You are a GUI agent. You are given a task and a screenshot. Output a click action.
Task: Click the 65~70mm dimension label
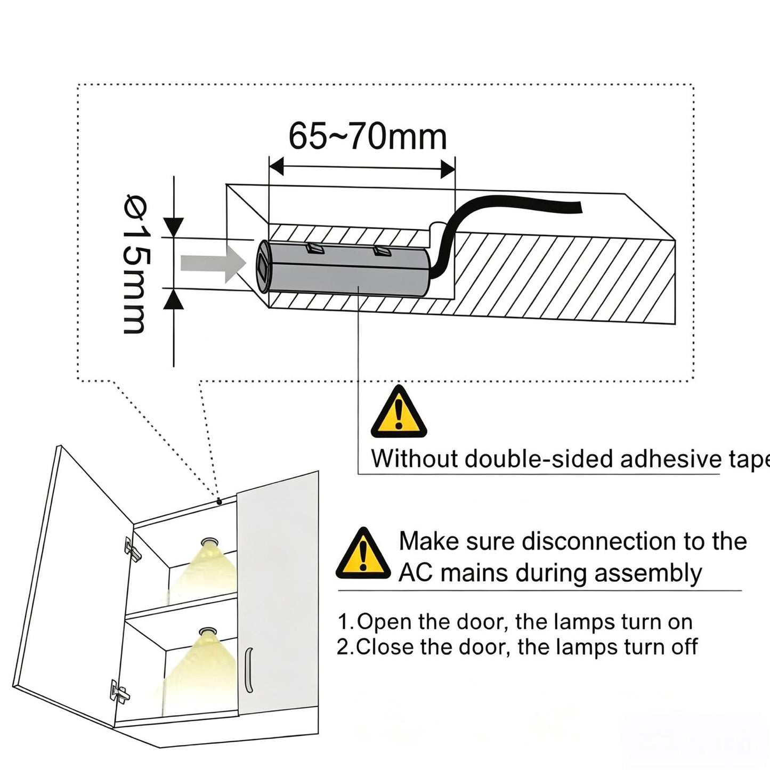click(367, 137)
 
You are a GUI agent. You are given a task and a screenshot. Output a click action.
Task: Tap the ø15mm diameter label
click(135, 264)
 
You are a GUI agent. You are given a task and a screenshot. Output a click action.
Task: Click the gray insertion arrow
click(213, 263)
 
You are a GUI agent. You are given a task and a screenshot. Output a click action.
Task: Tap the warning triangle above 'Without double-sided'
click(399, 411)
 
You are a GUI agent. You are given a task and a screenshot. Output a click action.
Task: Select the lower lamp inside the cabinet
click(208, 631)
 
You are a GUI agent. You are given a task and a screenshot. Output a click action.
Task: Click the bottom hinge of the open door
click(119, 692)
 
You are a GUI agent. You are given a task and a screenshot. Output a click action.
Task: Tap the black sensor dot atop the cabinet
click(219, 501)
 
